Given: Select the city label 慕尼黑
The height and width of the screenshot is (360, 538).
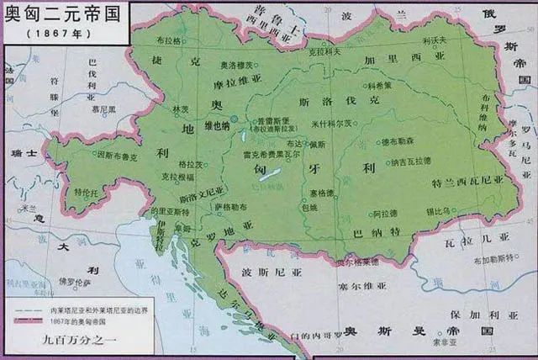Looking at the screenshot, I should click(104, 109).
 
